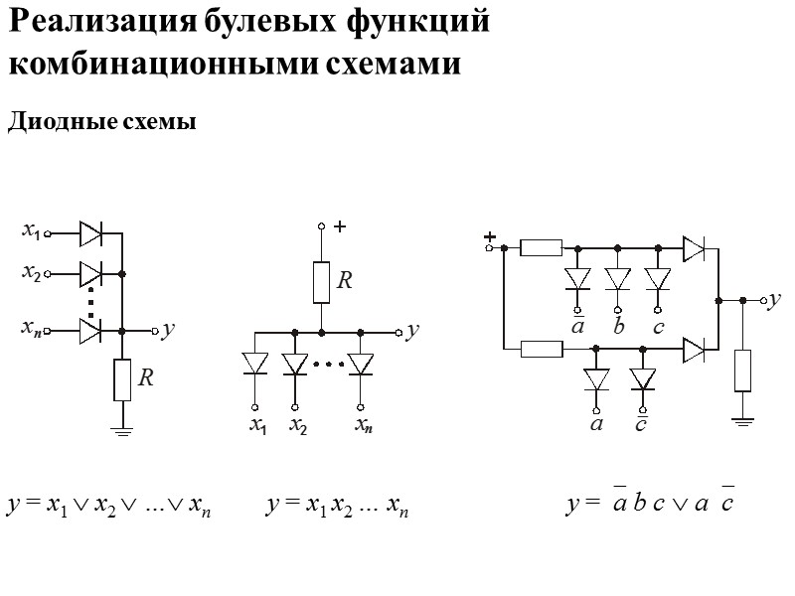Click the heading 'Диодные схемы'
coord(102,123)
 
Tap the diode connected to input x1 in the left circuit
coord(90,234)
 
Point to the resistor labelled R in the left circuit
coord(122,379)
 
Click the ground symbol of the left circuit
coord(122,429)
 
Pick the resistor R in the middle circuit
coord(322,281)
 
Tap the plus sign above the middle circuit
coord(339,227)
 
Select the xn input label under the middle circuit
coord(364,427)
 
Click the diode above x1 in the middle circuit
coord(255,365)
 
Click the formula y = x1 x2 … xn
coord(338,508)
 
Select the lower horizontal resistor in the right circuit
coord(542,349)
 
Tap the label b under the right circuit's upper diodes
coord(618,327)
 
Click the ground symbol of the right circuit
coord(743,420)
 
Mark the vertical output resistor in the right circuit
coord(743,371)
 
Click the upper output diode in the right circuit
coord(694,248)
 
